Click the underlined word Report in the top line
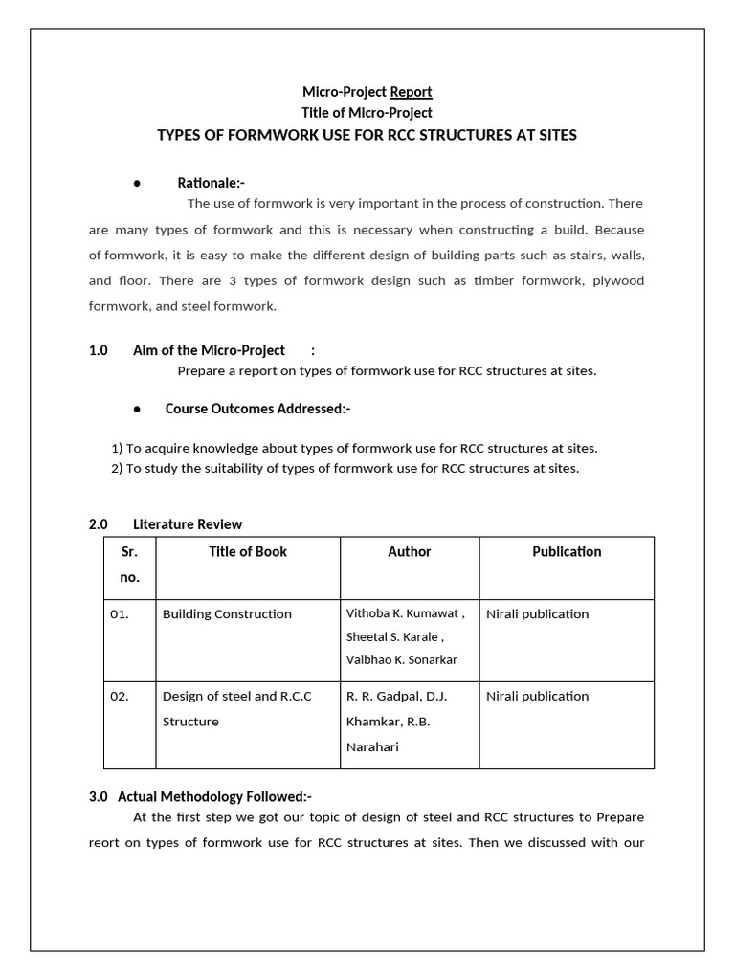point(411,92)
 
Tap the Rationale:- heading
point(212,183)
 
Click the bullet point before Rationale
point(138,183)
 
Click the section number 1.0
point(99,350)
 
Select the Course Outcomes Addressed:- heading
point(257,409)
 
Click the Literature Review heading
point(188,524)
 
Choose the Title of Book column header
point(248,552)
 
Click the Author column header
point(409,552)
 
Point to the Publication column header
point(567,552)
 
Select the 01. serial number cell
point(120,614)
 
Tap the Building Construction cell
point(227,614)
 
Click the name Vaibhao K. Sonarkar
point(401,660)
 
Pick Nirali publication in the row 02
point(537,697)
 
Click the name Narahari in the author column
point(374,746)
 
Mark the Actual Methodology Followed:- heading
point(214,796)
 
